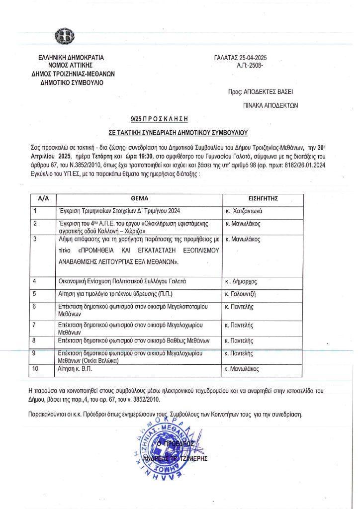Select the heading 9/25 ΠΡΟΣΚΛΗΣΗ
point(160,119)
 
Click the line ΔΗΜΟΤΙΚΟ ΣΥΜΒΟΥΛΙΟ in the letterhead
point(73,83)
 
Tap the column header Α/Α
point(43,198)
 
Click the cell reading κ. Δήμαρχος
point(242,282)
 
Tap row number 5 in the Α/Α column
point(36,294)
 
